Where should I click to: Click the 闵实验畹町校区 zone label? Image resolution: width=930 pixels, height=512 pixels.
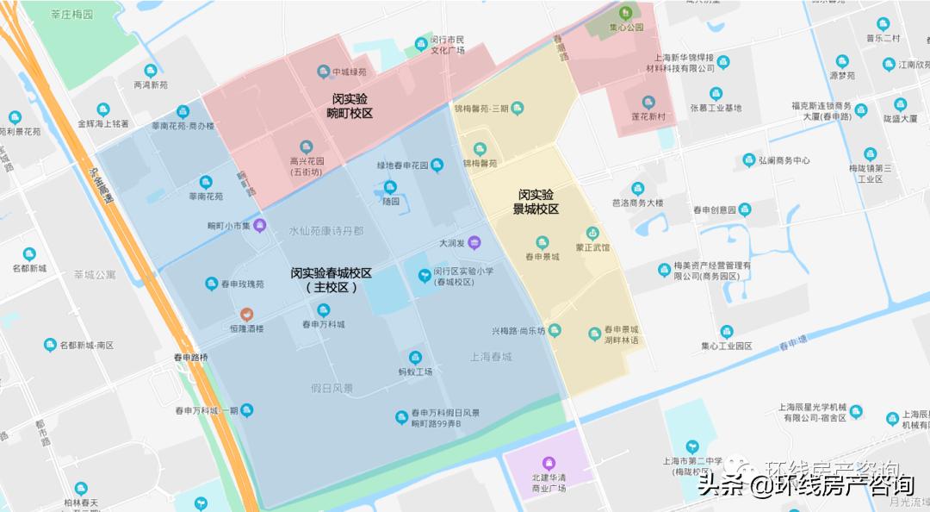point(350,106)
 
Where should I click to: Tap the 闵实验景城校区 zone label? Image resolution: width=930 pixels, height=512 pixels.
point(536,202)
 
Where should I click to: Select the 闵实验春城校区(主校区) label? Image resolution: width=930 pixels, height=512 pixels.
point(331,279)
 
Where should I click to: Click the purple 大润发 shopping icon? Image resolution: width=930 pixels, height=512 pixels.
point(474,244)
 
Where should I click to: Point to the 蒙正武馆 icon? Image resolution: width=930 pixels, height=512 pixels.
point(592,233)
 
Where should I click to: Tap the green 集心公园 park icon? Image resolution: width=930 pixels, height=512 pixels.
point(625,13)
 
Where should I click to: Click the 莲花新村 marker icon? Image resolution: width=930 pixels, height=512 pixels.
point(648,103)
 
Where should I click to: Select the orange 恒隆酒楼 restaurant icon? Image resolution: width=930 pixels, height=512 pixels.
point(246,315)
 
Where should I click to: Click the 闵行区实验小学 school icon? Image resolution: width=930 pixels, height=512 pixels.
point(425,276)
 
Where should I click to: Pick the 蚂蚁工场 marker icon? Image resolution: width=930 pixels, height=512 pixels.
point(415,358)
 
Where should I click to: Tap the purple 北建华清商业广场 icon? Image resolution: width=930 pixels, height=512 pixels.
point(549,463)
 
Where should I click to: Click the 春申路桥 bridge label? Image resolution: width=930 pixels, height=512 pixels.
point(191,357)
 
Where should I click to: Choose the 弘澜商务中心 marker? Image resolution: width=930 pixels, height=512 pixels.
point(749,160)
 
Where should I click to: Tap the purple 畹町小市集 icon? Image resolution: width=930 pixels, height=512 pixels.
point(259,226)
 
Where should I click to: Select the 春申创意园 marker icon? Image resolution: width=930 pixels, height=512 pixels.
point(745,209)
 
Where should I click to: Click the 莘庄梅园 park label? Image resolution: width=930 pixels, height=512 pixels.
point(72,15)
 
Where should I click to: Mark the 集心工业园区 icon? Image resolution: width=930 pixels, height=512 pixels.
point(727,331)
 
